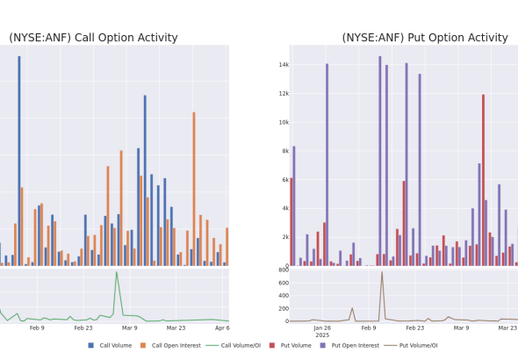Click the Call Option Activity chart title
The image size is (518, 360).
pos(93,38)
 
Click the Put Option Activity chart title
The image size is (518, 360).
pos(425,38)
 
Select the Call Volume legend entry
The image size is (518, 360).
pos(110,345)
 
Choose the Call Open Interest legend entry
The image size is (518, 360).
pos(170,345)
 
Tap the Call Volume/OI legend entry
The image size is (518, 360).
pos(234,345)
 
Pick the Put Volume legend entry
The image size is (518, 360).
pos(291,345)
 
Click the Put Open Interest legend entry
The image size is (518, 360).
pos(349,345)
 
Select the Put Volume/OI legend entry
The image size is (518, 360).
pos(411,345)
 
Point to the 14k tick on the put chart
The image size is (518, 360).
pos(284,65)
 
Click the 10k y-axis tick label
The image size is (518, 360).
pos(284,123)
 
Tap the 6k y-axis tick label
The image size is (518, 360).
pos(285,180)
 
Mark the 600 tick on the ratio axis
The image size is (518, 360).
pos(284,283)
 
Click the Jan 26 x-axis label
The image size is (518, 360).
pos(322,328)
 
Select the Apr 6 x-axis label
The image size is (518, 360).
pos(222,328)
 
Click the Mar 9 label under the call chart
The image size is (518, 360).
pos(130,328)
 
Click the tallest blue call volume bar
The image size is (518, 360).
pos(19,161)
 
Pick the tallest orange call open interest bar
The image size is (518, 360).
pos(194,189)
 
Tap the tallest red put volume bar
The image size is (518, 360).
pos(483,180)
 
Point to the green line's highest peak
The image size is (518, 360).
pos(116,272)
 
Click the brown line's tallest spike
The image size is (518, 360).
pos(382,272)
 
